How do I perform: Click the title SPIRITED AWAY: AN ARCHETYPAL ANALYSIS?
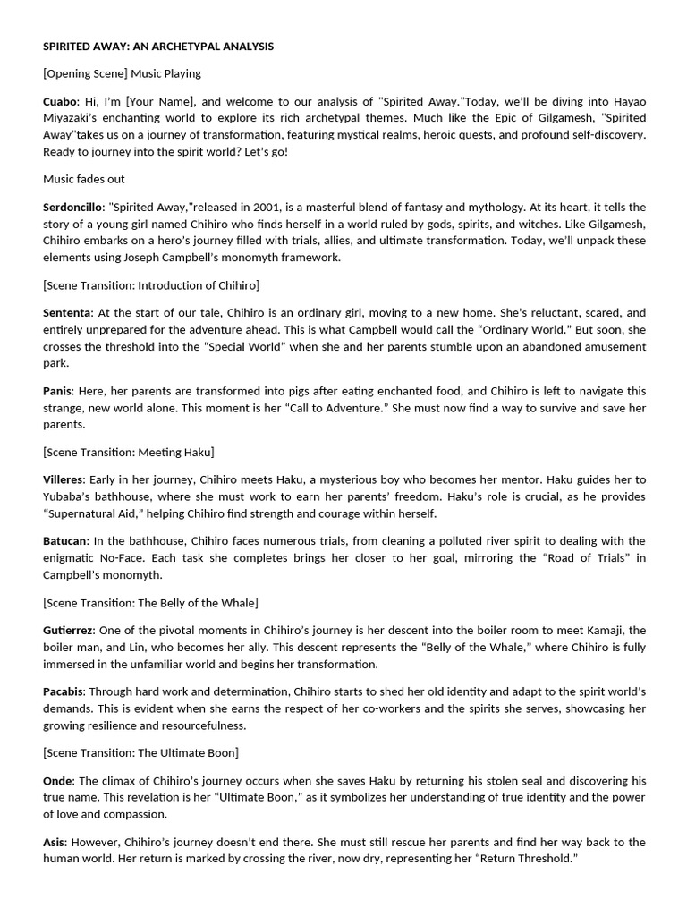(x=158, y=46)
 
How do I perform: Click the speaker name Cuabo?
(x=60, y=101)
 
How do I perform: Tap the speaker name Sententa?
(x=67, y=312)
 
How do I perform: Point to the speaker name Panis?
(x=57, y=391)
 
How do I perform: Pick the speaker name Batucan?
(x=65, y=540)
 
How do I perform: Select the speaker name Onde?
(x=58, y=781)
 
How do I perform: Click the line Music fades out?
(x=84, y=179)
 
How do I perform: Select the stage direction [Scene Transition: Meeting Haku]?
(x=129, y=452)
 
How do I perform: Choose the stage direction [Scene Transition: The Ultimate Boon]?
(x=140, y=752)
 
